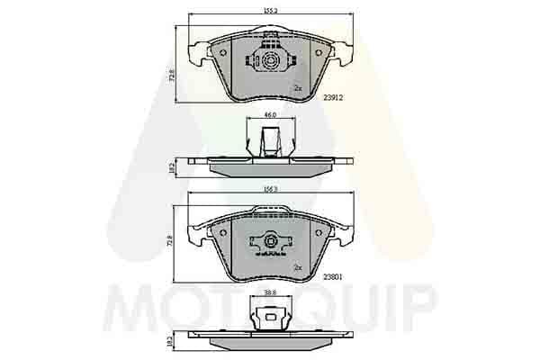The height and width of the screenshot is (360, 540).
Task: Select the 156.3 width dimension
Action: [269, 190]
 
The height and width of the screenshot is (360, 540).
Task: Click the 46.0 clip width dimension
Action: [269, 115]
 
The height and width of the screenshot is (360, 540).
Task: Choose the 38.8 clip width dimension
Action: [269, 292]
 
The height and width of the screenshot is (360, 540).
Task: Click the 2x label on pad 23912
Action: [297, 87]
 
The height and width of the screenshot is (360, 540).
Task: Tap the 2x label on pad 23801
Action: [297, 267]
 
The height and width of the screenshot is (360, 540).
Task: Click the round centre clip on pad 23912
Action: [270, 60]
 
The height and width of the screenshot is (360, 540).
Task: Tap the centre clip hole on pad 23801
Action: [270, 241]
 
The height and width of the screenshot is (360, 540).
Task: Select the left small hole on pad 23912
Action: [223, 52]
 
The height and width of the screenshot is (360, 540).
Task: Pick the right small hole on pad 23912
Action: [318, 52]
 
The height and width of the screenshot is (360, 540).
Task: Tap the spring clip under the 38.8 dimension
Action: [269, 317]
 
